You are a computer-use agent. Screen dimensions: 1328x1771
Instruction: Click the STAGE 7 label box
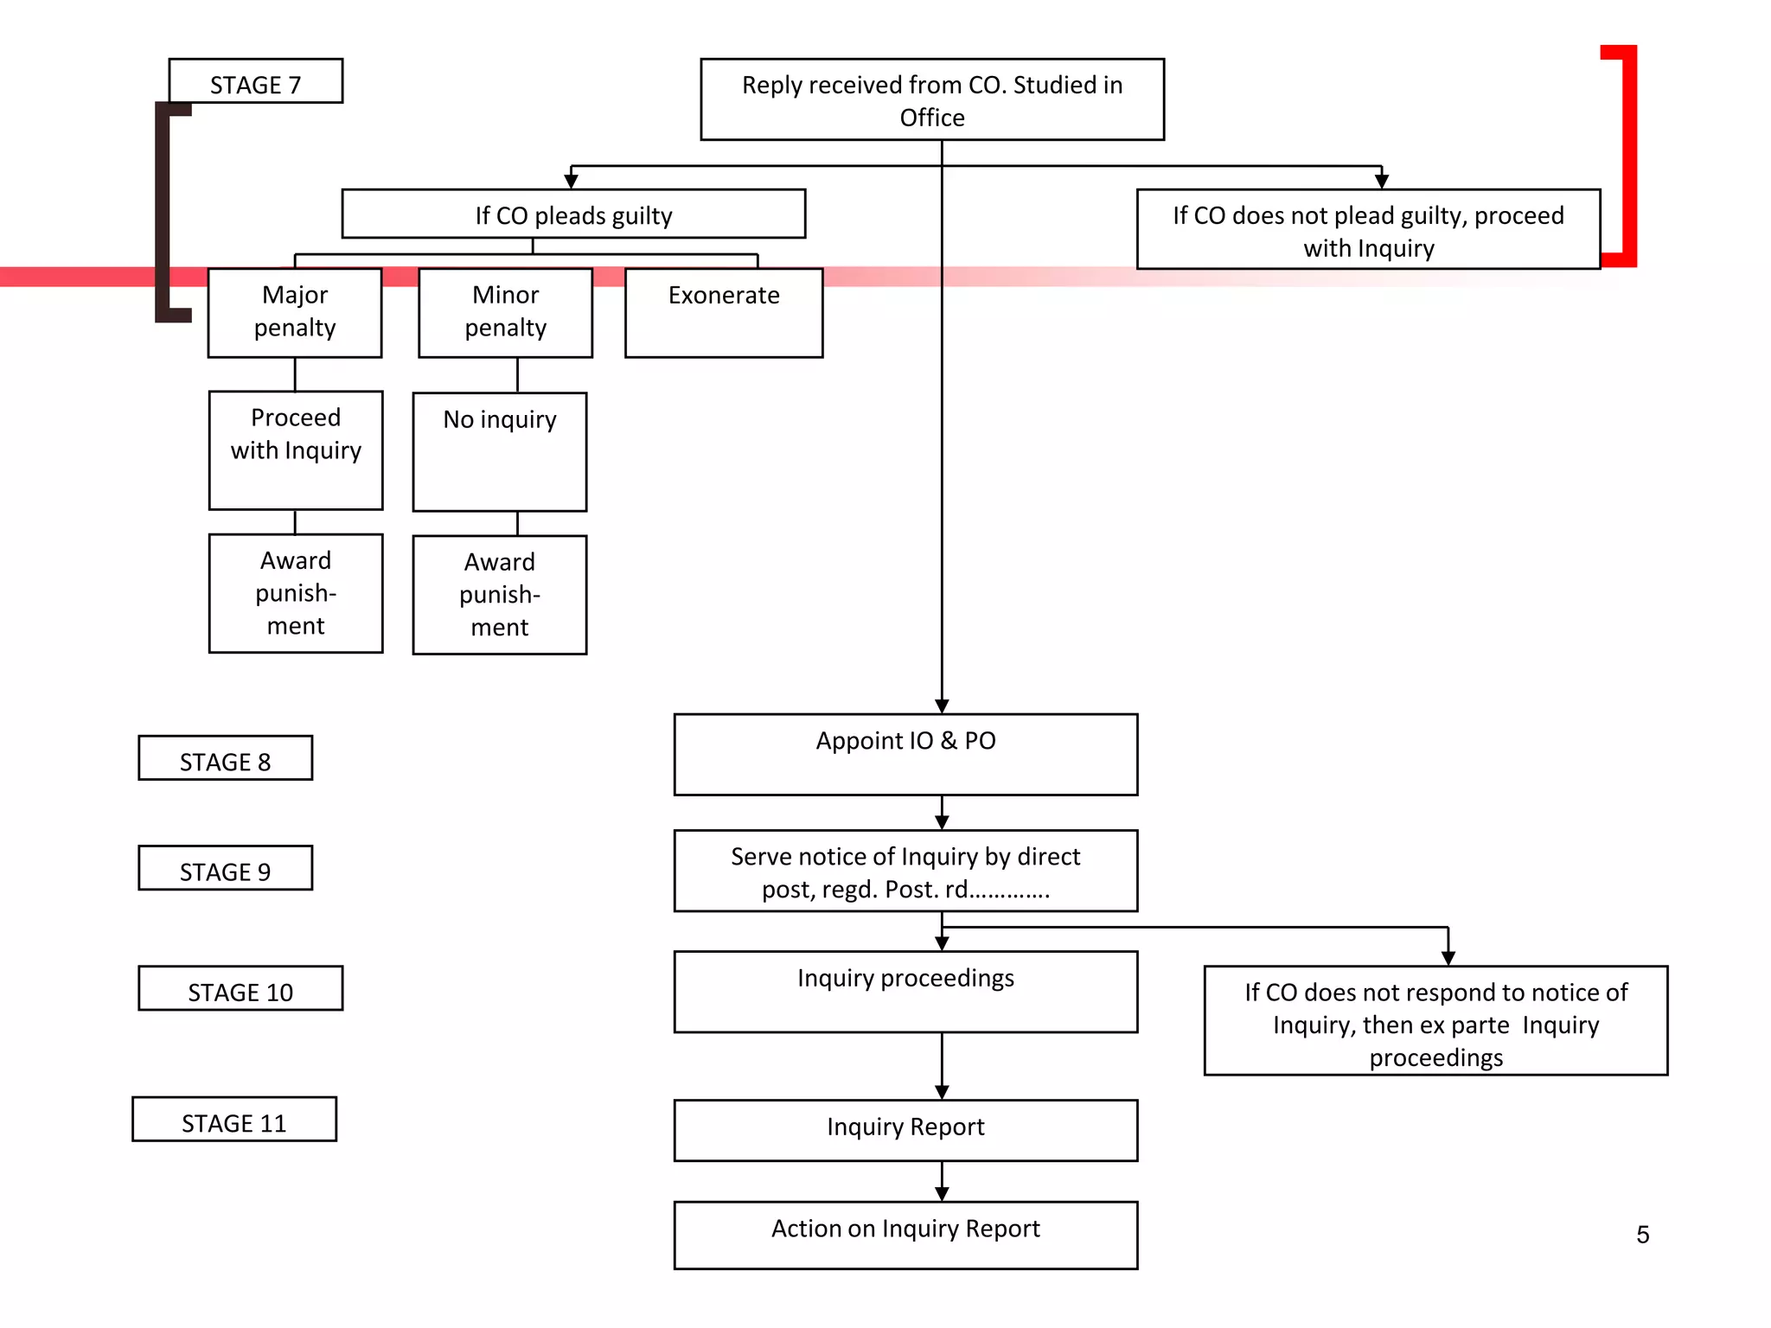tap(255, 82)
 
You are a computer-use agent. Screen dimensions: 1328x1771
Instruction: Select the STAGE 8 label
tap(225, 758)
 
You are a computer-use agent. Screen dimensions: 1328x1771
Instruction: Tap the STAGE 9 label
tap(225, 868)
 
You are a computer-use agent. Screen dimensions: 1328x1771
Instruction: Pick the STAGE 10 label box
tap(240, 988)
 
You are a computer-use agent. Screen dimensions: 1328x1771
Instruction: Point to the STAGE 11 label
tap(233, 1120)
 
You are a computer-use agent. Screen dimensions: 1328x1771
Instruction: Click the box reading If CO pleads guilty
tap(573, 214)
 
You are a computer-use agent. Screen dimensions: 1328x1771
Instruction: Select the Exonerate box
tap(724, 312)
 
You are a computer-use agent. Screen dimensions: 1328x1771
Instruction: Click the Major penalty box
tap(295, 312)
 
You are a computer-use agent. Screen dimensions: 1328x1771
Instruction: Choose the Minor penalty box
tap(505, 312)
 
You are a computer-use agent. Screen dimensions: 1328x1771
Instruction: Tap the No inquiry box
tap(500, 452)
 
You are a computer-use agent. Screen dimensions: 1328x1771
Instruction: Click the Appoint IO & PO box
tap(905, 754)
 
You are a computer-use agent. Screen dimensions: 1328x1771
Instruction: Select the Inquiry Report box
tap(905, 1130)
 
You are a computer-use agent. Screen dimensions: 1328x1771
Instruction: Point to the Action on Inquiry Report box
tap(905, 1235)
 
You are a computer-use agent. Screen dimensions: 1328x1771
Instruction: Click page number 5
tap(1642, 1235)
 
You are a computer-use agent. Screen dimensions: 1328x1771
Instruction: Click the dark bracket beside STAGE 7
tap(163, 212)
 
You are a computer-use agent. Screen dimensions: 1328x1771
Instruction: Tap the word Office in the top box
tap(931, 118)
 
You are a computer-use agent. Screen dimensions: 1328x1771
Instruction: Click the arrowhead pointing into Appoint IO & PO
tap(942, 706)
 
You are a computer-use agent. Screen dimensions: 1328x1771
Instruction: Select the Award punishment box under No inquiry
tap(500, 595)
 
